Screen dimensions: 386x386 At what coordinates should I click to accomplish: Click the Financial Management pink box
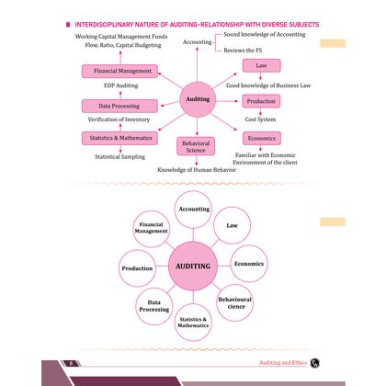[119, 71]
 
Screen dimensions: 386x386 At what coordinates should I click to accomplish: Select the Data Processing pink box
[119, 106]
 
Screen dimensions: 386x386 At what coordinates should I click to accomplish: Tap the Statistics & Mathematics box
[119, 138]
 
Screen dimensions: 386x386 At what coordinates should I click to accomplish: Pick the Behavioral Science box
[196, 146]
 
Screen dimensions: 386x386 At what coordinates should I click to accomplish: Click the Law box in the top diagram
[261, 65]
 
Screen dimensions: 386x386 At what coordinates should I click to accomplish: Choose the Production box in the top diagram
[261, 101]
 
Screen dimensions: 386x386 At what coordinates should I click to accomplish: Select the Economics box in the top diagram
[262, 138]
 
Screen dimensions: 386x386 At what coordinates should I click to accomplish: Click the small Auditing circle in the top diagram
[198, 99]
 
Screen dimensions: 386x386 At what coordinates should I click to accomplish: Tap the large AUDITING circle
[193, 266]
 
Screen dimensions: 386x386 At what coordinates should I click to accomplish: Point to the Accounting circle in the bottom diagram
[193, 210]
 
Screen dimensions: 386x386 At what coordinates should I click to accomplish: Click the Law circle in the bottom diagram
[232, 225]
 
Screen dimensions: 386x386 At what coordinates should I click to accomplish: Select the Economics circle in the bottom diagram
[249, 264]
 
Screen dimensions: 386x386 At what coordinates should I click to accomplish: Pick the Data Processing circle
[154, 306]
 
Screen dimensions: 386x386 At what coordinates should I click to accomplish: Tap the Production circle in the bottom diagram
[137, 268]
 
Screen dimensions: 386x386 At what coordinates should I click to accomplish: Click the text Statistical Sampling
[119, 157]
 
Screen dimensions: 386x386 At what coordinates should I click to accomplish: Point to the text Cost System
[260, 119]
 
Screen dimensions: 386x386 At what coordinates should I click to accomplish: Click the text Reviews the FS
[243, 51]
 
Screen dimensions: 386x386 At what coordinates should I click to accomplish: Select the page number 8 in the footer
[71, 364]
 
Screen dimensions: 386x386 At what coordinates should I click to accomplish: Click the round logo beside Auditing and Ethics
[314, 363]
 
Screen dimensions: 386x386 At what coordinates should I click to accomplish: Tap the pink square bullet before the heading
[68, 25]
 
